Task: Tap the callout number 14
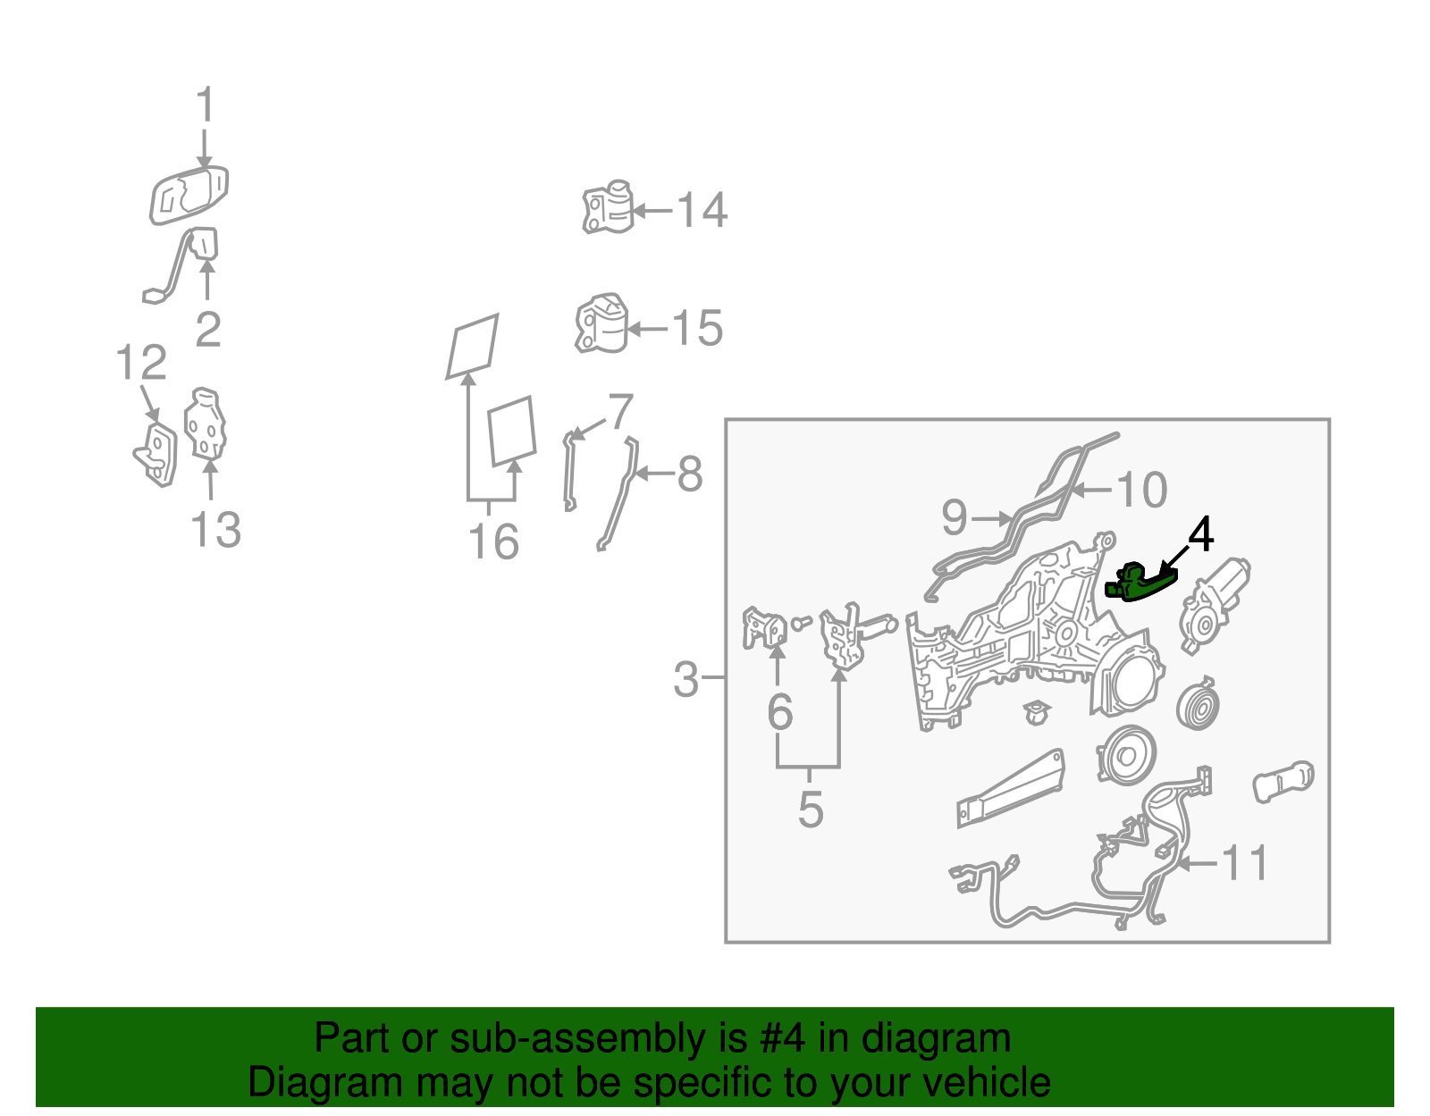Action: click(x=702, y=211)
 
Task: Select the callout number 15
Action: click(x=697, y=328)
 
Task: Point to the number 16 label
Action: click(x=493, y=541)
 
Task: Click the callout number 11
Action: click(x=1244, y=863)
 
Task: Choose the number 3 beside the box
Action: click(x=686, y=679)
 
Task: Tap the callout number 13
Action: click(x=216, y=529)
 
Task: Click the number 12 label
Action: click(x=141, y=363)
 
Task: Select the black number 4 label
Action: click(x=1200, y=534)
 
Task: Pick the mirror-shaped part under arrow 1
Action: click(x=189, y=196)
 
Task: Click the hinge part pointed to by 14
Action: click(x=608, y=206)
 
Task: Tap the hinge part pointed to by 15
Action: click(x=601, y=323)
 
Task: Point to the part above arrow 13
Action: click(x=206, y=424)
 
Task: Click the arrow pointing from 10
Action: click(x=1090, y=490)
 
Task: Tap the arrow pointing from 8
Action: click(x=655, y=473)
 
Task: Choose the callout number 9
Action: click(x=955, y=516)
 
